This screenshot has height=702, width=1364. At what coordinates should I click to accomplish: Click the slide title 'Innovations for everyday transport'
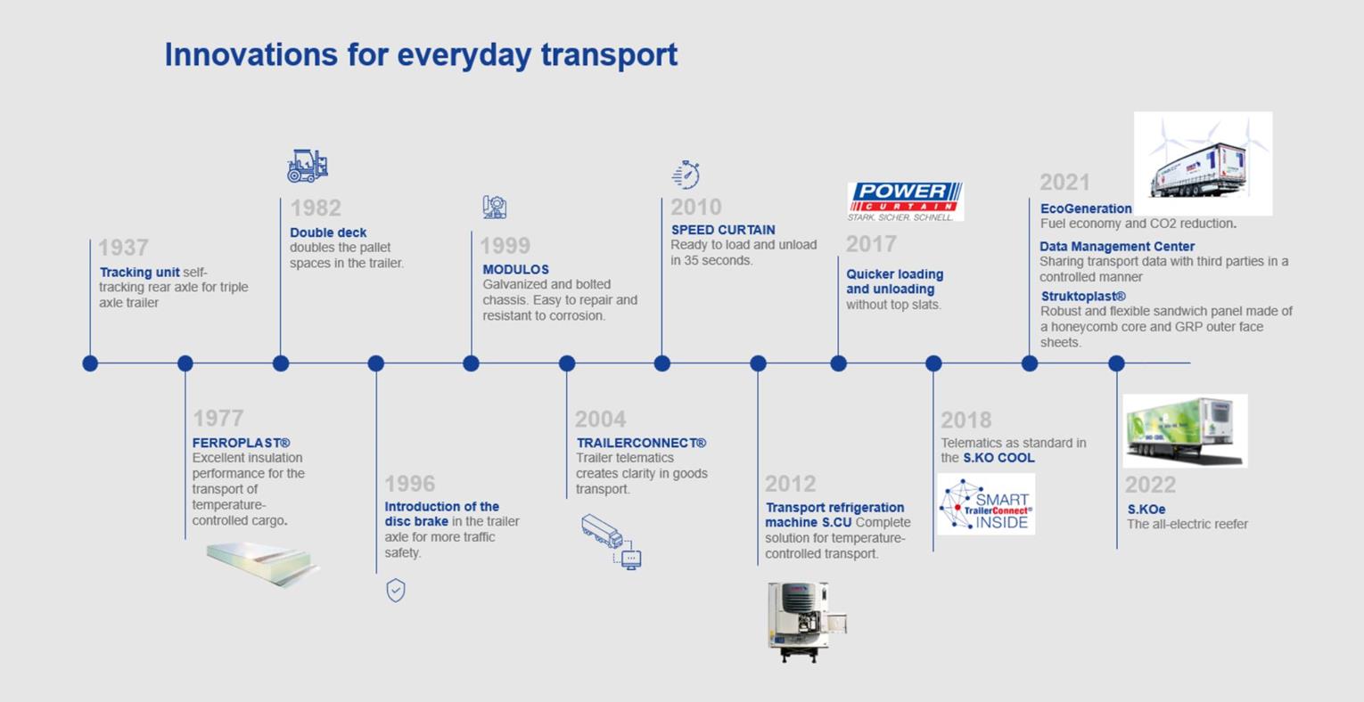point(421,54)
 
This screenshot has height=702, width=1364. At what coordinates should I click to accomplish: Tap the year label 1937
point(123,248)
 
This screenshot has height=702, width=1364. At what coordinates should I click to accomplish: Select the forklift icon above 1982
point(308,166)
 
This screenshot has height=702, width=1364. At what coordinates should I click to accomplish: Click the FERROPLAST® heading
point(241,443)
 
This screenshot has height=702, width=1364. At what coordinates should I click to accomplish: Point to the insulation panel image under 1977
point(261,563)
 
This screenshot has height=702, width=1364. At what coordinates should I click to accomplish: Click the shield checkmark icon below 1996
point(396,590)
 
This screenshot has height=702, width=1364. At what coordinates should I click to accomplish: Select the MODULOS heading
point(515,269)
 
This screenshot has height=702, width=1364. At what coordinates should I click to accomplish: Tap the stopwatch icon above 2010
point(686,175)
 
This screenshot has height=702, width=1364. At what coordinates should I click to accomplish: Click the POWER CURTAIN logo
point(905,201)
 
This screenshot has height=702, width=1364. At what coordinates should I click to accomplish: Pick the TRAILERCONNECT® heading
point(641,443)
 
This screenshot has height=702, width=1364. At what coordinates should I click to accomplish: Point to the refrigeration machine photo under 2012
point(806,621)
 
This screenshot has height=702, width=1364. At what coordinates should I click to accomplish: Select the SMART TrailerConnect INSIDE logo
point(986,504)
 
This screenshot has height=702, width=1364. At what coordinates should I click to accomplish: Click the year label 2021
point(1064,183)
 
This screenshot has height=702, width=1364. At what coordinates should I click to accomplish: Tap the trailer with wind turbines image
point(1203,163)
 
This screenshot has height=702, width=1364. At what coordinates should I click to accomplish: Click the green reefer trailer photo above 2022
point(1185,431)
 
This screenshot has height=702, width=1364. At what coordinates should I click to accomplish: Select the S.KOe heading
point(1146,509)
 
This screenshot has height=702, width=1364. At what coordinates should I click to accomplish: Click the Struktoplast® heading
point(1083,296)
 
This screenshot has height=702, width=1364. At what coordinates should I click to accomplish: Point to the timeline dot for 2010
point(661,363)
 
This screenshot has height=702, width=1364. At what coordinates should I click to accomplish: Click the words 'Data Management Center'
point(1116,246)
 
